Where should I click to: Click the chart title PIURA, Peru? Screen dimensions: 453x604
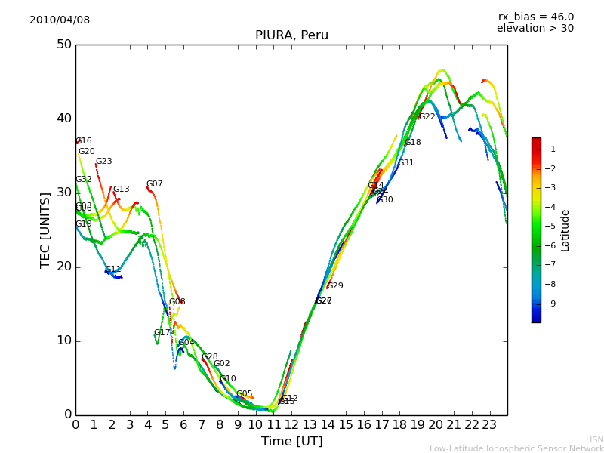(x=291, y=35)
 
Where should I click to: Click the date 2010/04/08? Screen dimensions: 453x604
(x=60, y=20)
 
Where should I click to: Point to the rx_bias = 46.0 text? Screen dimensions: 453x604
(x=535, y=17)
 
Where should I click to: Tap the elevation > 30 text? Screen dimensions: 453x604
(x=535, y=29)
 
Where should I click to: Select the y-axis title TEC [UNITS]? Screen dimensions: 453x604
(x=45, y=230)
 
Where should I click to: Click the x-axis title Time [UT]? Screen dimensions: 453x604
(x=291, y=442)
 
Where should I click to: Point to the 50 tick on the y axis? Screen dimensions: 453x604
(x=63, y=45)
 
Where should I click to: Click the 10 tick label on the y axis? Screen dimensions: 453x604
(x=63, y=341)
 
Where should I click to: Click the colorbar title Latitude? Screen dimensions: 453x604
(x=565, y=230)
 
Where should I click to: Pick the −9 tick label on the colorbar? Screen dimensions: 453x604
(x=550, y=304)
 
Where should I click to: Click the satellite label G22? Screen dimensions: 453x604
(x=427, y=117)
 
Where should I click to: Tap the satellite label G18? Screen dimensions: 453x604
(x=412, y=143)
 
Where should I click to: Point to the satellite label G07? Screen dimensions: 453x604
(x=154, y=184)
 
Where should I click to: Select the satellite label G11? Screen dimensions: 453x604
(x=112, y=270)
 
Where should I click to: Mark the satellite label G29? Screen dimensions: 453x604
(x=334, y=286)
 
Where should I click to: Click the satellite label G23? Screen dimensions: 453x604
(x=103, y=162)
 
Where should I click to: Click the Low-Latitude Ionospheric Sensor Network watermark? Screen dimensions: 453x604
(x=516, y=449)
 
